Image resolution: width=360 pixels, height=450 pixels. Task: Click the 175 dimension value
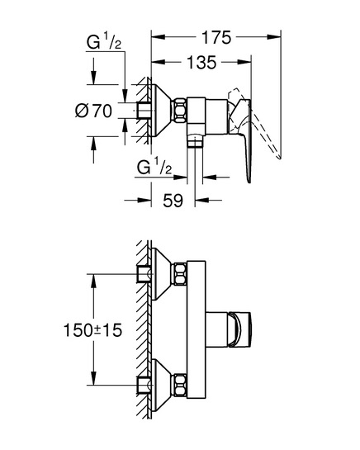pyautogui.click(x=216, y=37)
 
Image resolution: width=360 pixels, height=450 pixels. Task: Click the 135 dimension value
pyautogui.click(x=201, y=62)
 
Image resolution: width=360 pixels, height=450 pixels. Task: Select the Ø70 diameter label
pyautogui.click(x=93, y=111)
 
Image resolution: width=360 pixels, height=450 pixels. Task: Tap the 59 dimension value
pyautogui.click(x=173, y=200)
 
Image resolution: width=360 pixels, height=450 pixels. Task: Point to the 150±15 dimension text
pyautogui.click(x=92, y=330)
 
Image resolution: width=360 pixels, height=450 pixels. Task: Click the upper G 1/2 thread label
pyautogui.click(x=104, y=41)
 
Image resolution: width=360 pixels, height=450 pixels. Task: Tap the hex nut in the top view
pyautogui.click(x=179, y=111)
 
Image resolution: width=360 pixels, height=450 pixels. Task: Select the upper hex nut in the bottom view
pyautogui.click(x=179, y=274)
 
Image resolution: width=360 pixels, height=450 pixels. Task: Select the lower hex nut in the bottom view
pyautogui.click(x=179, y=385)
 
